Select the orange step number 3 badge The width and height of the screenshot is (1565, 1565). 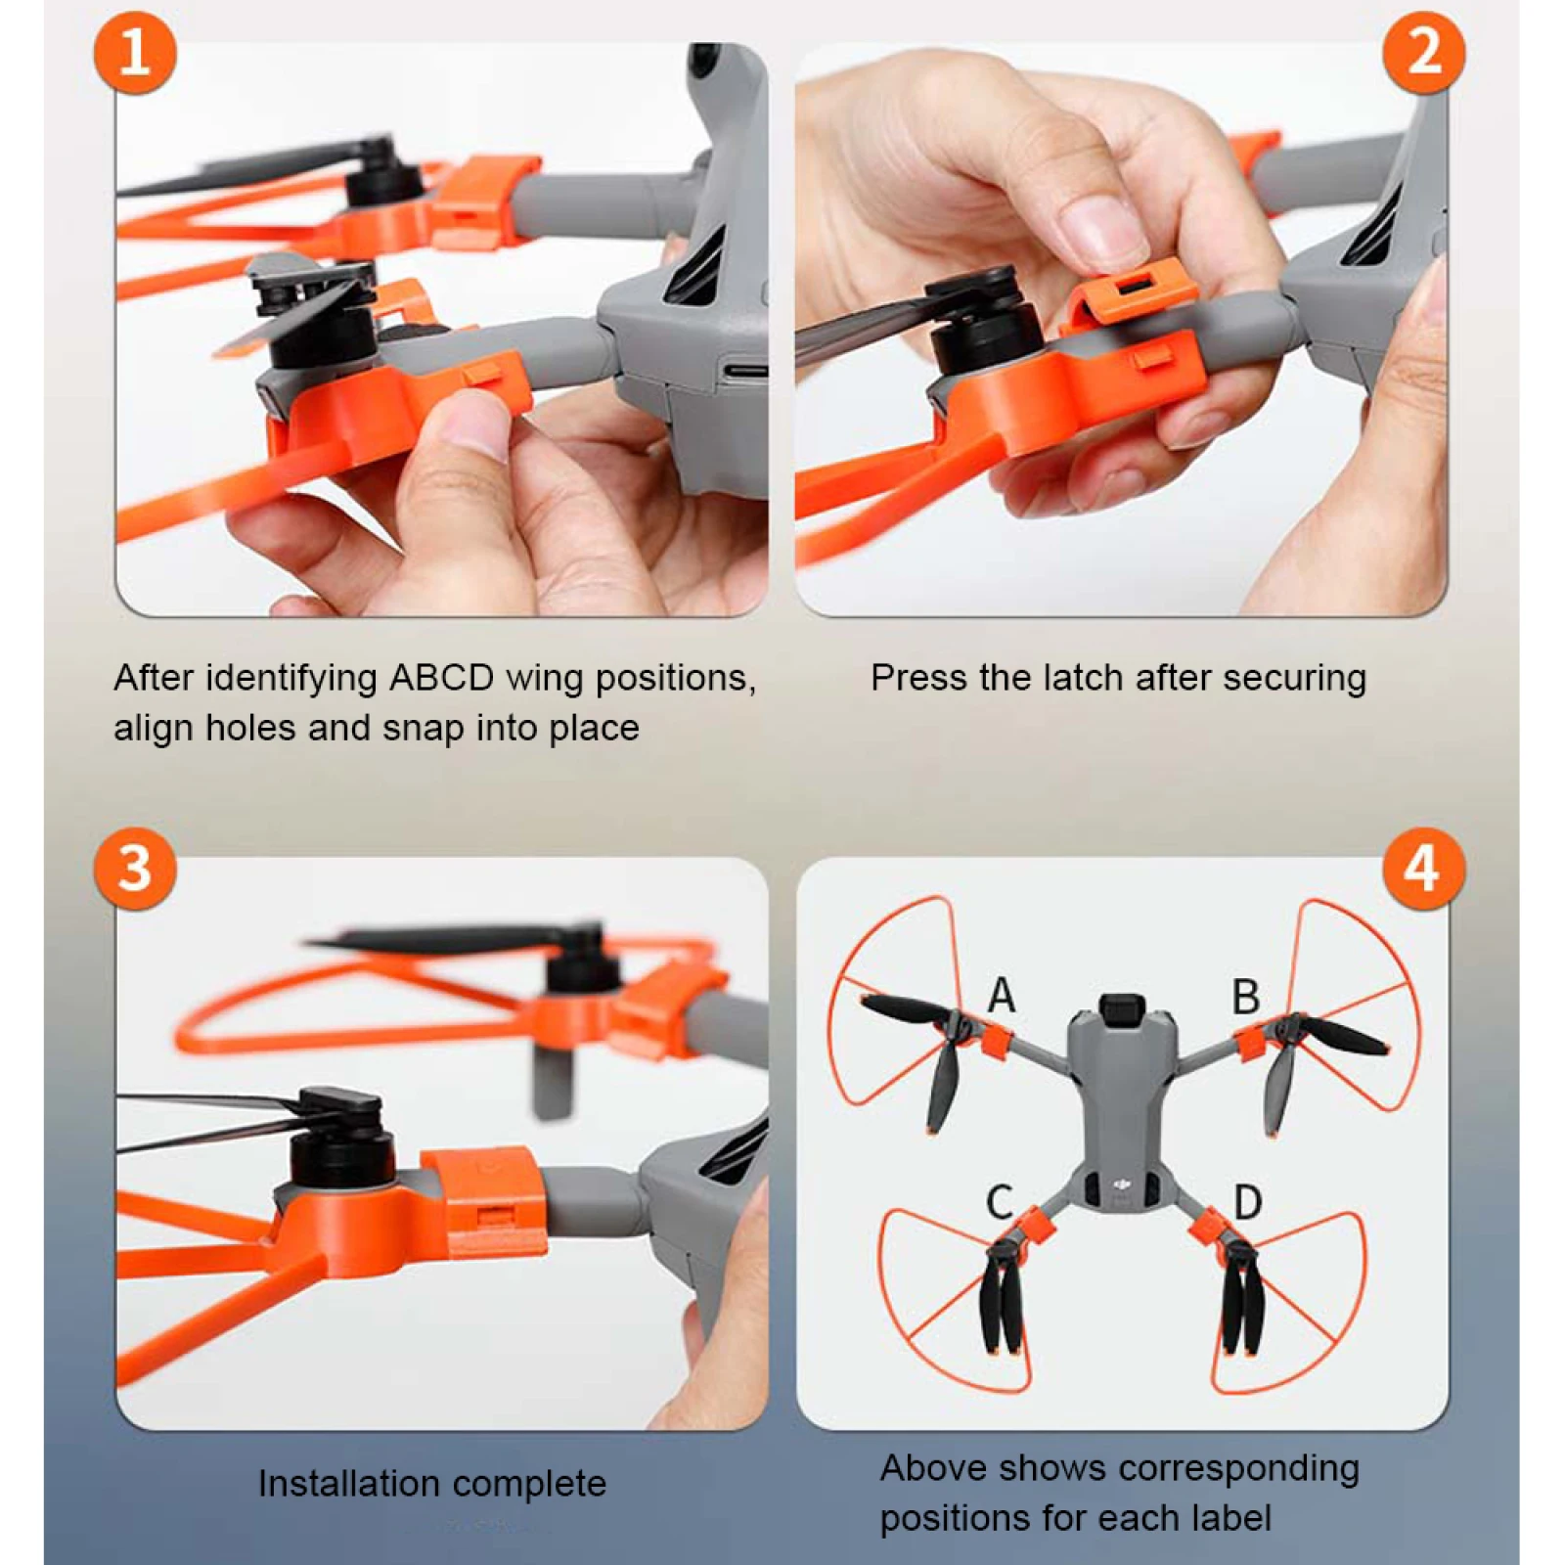click(x=135, y=868)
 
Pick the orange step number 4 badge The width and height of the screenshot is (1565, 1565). click(x=1423, y=868)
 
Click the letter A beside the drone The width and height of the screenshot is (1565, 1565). click(x=1001, y=996)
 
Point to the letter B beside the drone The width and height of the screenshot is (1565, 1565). click(x=1245, y=997)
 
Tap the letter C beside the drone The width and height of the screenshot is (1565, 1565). click(x=999, y=1202)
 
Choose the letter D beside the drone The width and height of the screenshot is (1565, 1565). click(x=1247, y=1202)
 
